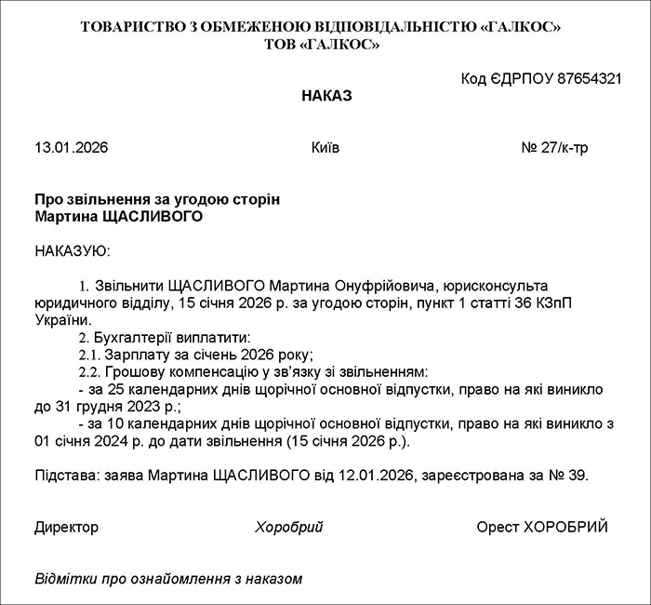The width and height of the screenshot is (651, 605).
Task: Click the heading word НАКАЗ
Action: (326, 96)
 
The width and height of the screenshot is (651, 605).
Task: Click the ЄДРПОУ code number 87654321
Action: (590, 78)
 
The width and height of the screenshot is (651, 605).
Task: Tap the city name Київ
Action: (325, 148)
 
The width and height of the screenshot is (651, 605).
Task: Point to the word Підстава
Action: (65, 476)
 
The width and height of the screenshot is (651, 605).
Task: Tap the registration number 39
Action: (577, 476)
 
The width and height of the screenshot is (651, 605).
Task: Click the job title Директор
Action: (66, 527)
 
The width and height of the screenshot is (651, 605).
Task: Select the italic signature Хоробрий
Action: (288, 527)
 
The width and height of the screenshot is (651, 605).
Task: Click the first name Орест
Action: (498, 527)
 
